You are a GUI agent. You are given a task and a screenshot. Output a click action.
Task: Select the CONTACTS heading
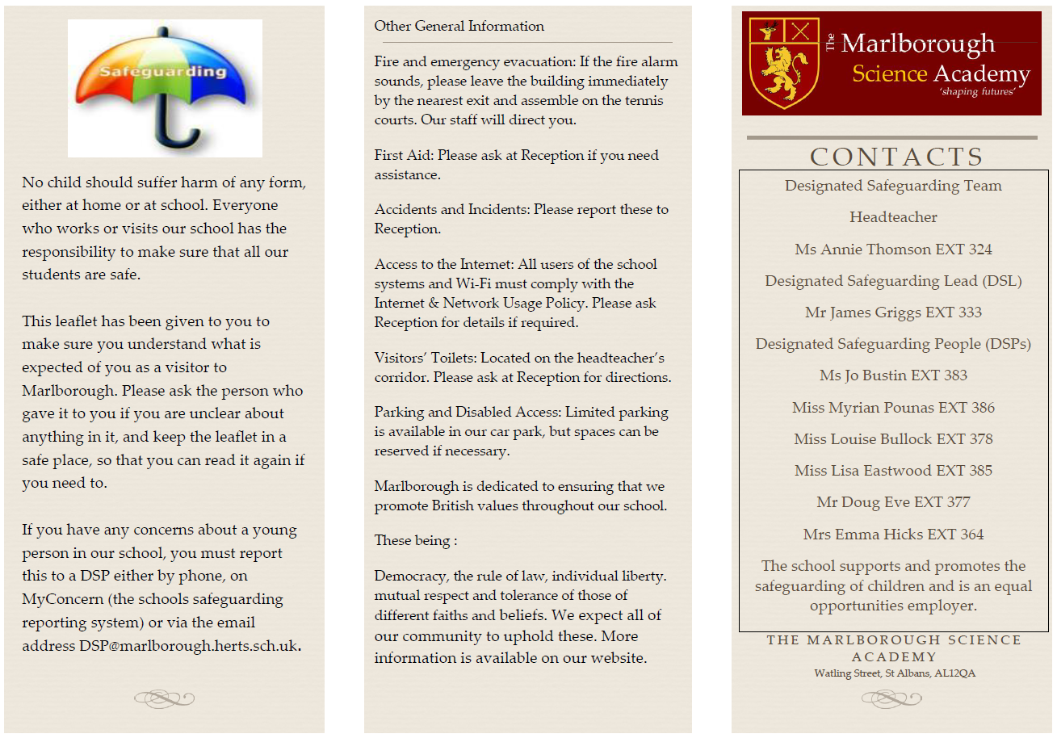click(896, 157)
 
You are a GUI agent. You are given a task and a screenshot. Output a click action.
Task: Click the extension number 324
click(980, 249)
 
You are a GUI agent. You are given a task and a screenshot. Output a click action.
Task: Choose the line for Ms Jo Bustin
click(893, 375)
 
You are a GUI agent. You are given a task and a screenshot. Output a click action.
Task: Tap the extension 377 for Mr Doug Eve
click(958, 502)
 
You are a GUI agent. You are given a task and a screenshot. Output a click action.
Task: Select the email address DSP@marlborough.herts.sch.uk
click(189, 646)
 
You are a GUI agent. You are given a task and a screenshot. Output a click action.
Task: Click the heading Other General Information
click(459, 27)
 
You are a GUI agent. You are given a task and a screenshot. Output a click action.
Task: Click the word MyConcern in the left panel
click(58, 599)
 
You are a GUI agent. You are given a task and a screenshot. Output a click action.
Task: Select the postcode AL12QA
click(954, 673)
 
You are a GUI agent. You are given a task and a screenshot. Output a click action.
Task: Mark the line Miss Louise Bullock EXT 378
click(893, 439)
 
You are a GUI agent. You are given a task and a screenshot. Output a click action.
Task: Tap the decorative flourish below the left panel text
click(164, 698)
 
